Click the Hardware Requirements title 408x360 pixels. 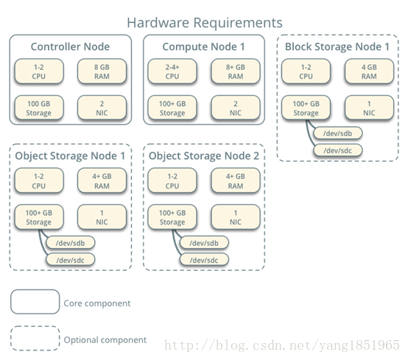[x=205, y=23]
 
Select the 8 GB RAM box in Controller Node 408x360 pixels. [x=102, y=71]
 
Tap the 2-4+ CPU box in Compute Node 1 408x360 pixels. [x=172, y=71]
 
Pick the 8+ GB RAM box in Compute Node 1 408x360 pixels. [x=236, y=71]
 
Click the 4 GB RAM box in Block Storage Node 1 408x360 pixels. [x=369, y=71]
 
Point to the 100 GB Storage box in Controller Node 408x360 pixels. [x=39, y=107]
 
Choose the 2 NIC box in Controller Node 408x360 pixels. [x=102, y=107]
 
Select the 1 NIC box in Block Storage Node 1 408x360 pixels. [x=369, y=107]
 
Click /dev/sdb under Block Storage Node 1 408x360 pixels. [x=338, y=133]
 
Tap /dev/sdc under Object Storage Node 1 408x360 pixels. [x=71, y=260]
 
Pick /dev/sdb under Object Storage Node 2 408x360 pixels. [x=204, y=243]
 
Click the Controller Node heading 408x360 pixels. [x=70, y=47]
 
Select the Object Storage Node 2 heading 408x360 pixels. [x=204, y=156]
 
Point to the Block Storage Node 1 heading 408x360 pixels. [x=337, y=47]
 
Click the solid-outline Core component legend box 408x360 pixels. [x=35, y=302]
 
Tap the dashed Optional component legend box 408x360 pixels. [x=35, y=338]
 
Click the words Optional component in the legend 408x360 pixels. [x=105, y=340]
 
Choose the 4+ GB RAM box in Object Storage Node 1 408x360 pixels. [x=102, y=180]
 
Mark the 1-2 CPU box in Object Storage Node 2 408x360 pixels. [x=172, y=180]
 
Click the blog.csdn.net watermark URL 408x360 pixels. [x=282, y=345]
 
